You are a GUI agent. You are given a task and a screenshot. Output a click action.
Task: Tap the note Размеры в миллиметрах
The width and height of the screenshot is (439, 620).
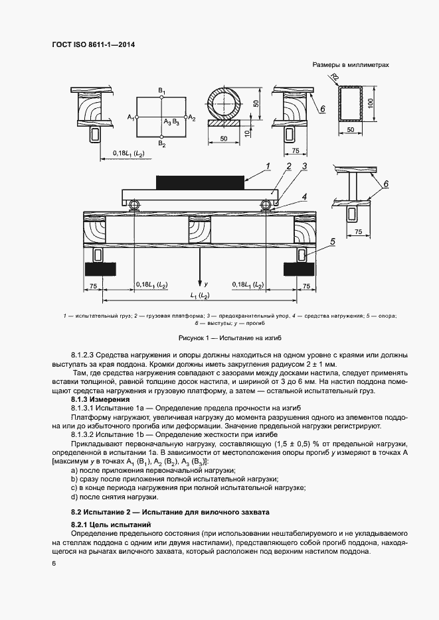[x=350, y=65]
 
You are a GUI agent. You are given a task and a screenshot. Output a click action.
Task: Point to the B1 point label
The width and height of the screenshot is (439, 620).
[x=161, y=90]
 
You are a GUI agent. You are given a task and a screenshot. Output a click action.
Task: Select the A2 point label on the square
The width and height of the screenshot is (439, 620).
[x=192, y=118]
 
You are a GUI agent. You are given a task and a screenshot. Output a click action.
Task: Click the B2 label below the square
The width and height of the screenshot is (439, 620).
[x=161, y=144]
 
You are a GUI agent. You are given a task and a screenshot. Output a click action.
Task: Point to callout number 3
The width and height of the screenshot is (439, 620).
[x=304, y=166]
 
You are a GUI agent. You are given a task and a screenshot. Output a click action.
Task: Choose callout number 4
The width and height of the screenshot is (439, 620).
[x=304, y=197]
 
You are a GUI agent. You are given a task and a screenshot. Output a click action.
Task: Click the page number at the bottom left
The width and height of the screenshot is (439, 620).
[x=53, y=564]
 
